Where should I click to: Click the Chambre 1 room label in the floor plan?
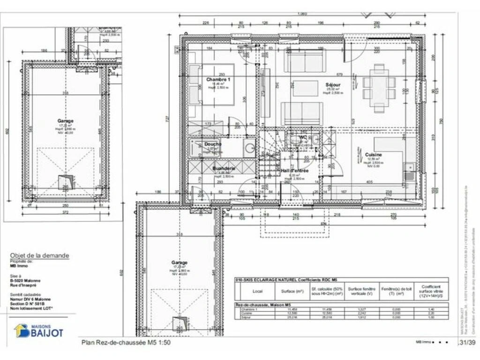[x=218, y=80]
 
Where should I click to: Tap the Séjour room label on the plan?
[x=333, y=85]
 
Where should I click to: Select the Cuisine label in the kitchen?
[x=374, y=155]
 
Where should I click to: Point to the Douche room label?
[x=212, y=144]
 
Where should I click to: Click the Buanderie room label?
[x=223, y=168]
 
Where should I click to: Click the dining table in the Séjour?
[x=379, y=88]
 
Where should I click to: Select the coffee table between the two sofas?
[x=305, y=88]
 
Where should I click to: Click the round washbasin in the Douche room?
[x=250, y=148]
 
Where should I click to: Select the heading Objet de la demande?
[x=39, y=255]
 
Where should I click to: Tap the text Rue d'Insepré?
[x=23, y=285]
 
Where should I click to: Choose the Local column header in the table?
[x=257, y=290]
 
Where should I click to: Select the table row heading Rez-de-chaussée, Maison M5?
[x=260, y=305]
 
